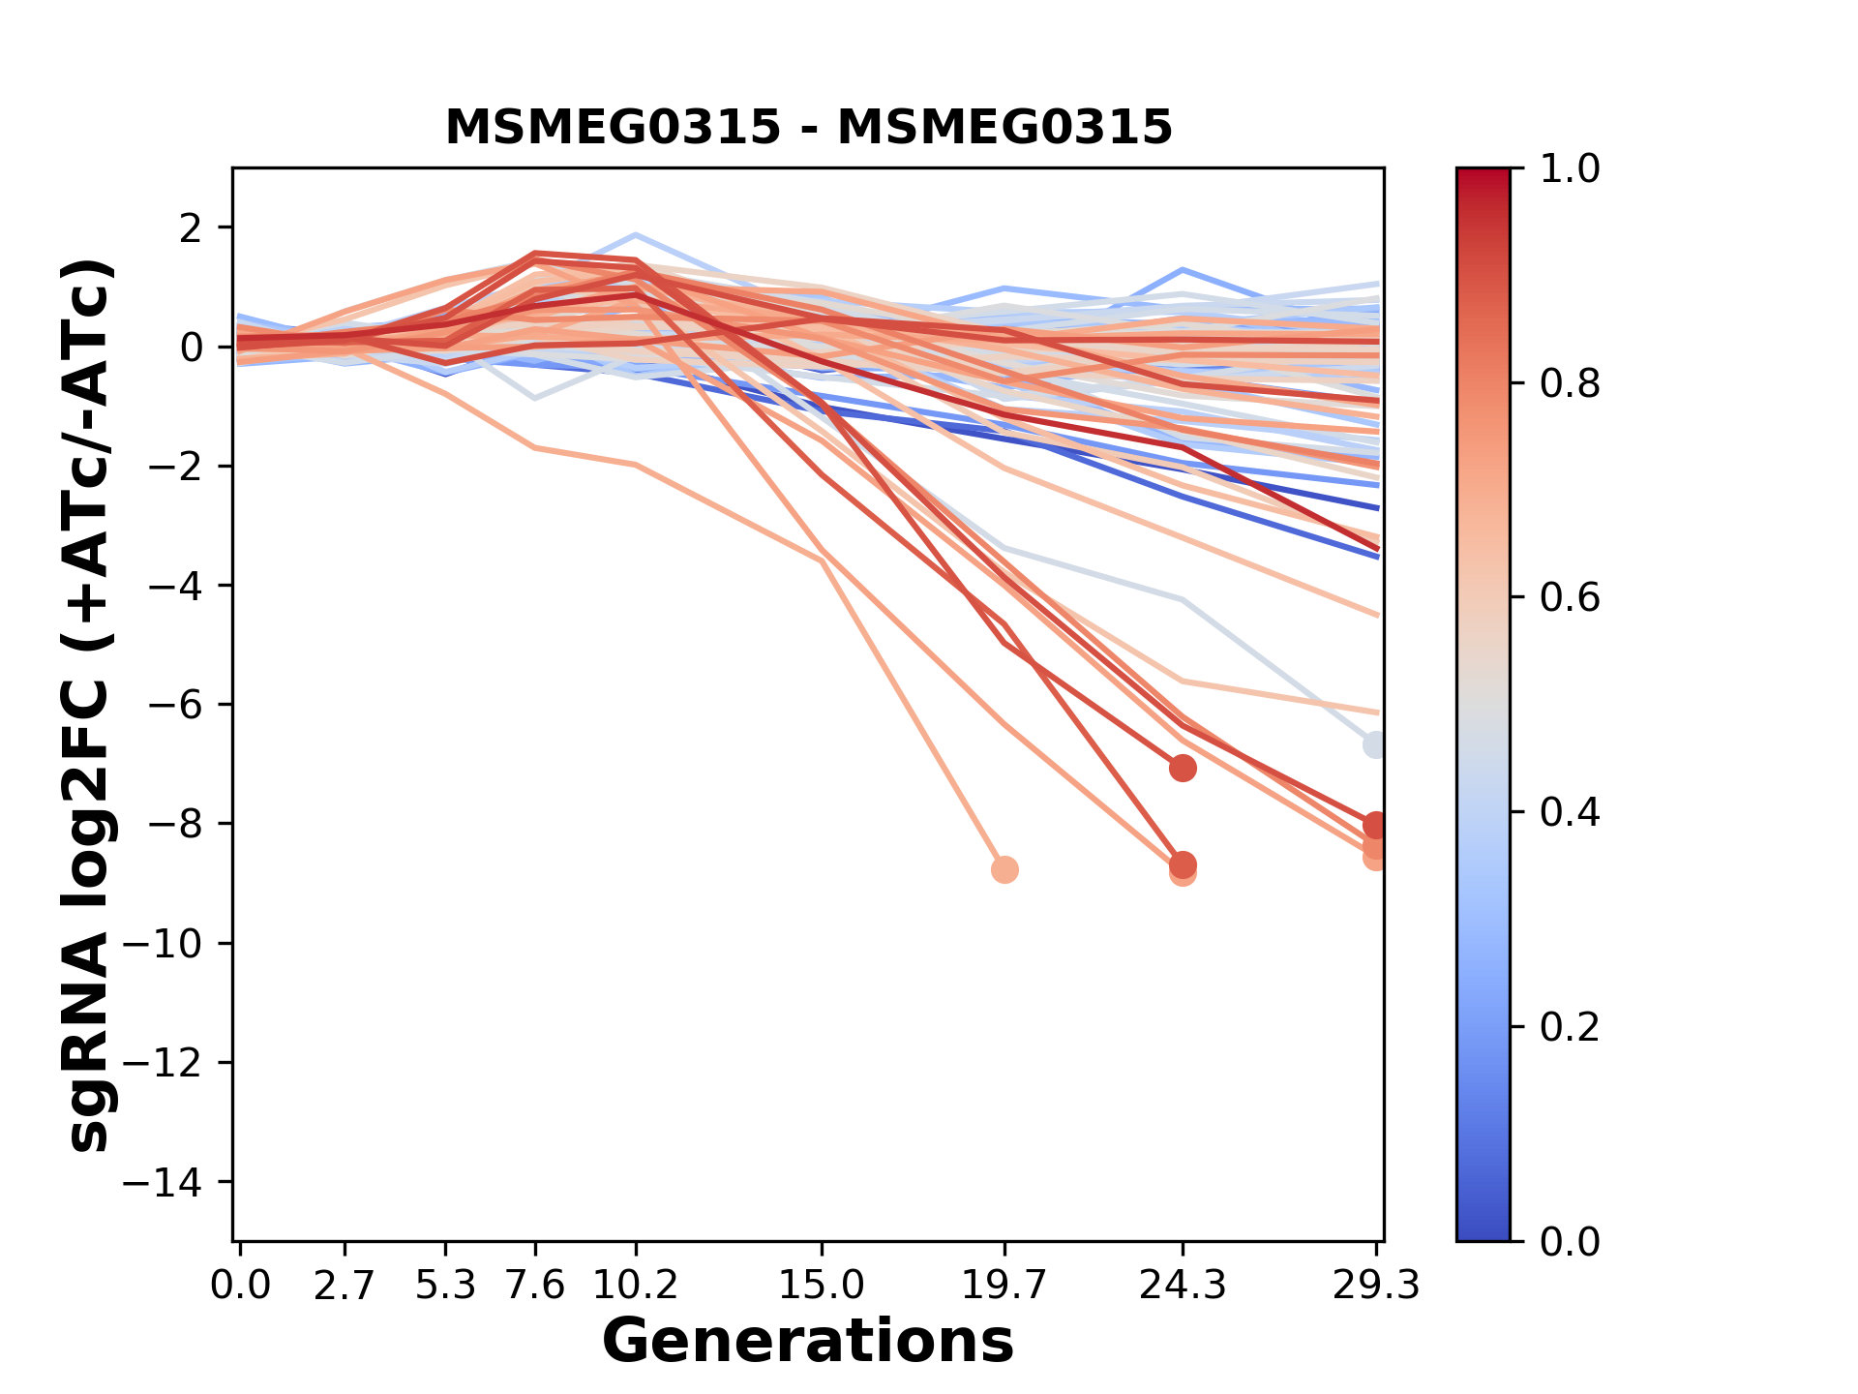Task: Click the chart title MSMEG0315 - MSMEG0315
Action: (808, 128)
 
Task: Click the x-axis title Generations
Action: (808, 1342)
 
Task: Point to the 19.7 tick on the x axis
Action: (1004, 1286)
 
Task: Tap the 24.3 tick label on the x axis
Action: (1182, 1286)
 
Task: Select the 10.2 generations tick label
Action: (635, 1286)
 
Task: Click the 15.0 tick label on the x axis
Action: (821, 1286)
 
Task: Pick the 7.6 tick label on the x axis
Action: (535, 1286)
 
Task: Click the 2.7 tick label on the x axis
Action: (345, 1286)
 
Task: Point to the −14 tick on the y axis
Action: (176, 1182)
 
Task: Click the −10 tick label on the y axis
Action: (176, 944)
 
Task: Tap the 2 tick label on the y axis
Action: (193, 228)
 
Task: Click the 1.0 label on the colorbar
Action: (1570, 169)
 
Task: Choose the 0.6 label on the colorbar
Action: (1570, 598)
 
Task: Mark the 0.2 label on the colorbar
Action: (1570, 1027)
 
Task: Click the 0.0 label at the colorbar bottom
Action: (1570, 1241)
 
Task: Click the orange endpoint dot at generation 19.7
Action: (1004, 869)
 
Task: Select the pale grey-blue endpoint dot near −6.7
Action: (1374, 745)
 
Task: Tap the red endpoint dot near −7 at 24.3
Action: (1182, 769)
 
